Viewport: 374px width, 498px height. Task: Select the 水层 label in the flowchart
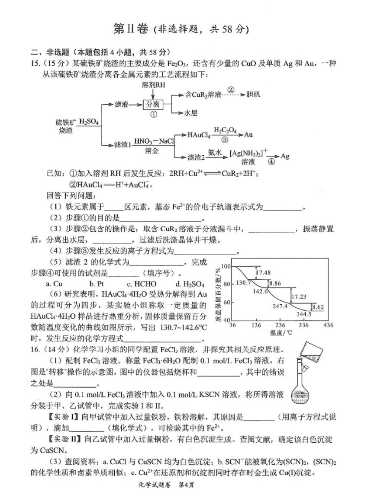pyautogui.click(x=191, y=113)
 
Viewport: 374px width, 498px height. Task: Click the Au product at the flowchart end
pyautogui.click(x=248, y=134)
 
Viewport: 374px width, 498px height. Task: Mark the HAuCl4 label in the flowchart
pyautogui.click(x=199, y=135)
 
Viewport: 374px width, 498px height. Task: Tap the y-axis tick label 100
pyautogui.click(x=226, y=265)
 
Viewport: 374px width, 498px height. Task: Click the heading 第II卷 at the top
pyautogui.click(x=128, y=29)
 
